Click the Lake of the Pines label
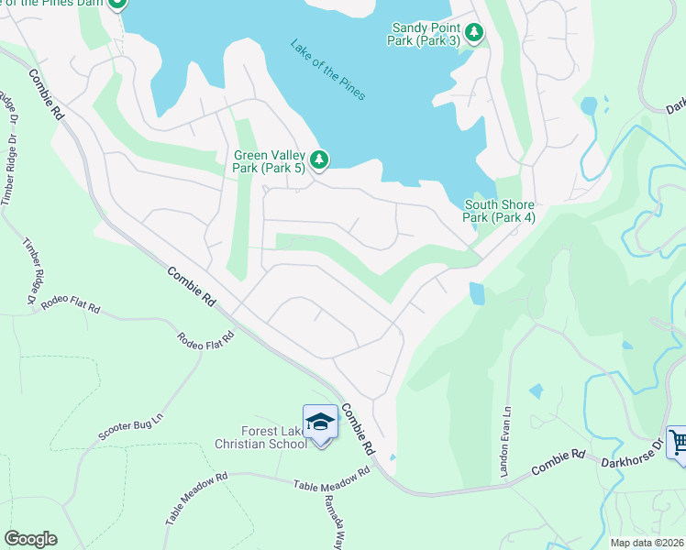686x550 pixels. pyautogui.click(x=327, y=69)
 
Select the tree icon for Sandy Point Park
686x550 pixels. pyautogui.click(x=473, y=34)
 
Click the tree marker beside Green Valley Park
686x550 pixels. pyautogui.click(x=318, y=160)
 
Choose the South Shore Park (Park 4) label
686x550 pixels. pyautogui.click(x=499, y=211)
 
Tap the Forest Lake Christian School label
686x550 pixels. pyautogui.click(x=261, y=437)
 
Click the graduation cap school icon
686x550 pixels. pyautogui.click(x=320, y=422)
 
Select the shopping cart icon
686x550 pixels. pyautogui.click(x=677, y=442)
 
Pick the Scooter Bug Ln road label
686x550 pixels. pyautogui.click(x=130, y=432)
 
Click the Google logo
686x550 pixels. pyautogui.click(x=30, y=539)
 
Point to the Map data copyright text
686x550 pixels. pyautogui.click(x=647, y=543)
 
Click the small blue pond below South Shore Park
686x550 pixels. pyautogui.click(x=477, y=293)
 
